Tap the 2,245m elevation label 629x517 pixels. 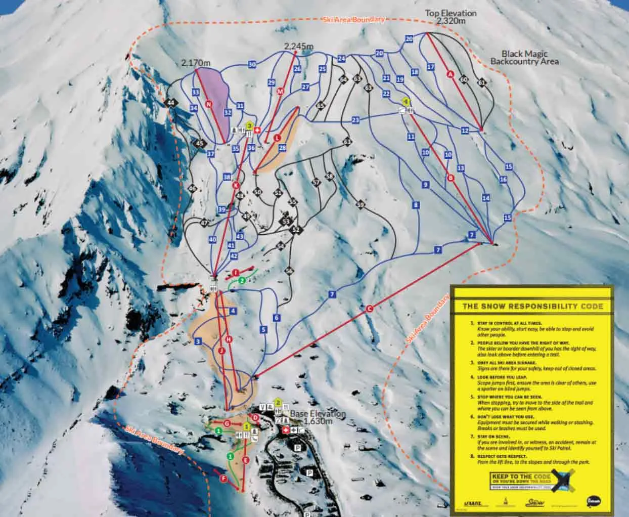298,47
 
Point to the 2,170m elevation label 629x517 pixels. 195,63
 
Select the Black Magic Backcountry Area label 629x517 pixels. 524,58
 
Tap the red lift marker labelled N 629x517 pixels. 209,104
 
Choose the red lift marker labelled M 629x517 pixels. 280,92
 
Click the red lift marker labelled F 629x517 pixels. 222,478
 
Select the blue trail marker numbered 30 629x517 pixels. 252,64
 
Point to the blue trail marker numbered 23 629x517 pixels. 355,120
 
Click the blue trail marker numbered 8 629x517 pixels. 416,205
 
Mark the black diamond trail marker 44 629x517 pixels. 172,103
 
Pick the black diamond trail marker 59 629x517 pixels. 360,205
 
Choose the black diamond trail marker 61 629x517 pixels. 481,82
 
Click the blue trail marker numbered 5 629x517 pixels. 263,330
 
